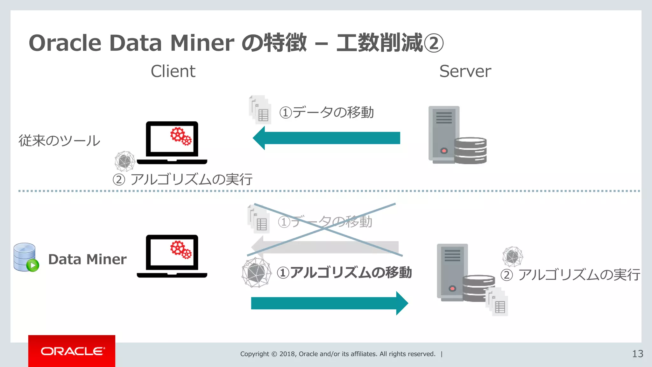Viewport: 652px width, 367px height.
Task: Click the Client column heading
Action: [173, 71]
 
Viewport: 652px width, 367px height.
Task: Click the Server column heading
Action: [465, 71]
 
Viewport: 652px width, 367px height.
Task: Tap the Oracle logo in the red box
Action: [72, 351]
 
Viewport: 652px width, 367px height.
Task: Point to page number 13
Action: [637, 354]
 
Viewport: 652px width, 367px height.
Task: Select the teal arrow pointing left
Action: [326, 138]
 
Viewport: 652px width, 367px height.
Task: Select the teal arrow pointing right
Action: [329, 303]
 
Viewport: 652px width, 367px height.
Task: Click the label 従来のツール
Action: [60, 140]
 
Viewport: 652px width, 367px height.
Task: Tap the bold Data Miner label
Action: [87, 259]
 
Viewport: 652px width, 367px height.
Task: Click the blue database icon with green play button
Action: [26, 257]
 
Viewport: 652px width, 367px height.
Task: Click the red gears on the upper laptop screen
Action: [181, 136]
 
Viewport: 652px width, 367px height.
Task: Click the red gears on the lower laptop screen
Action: [181, 249]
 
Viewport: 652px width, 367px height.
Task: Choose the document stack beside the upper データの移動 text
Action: [260, 110]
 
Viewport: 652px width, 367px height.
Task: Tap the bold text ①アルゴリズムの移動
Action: [344, 273]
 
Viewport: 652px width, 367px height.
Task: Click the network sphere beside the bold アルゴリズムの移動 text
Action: [256, 273]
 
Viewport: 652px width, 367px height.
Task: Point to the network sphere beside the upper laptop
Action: [124, 161]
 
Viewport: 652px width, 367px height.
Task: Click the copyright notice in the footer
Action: [337, 354]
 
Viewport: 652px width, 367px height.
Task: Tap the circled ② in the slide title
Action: [434, 43]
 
